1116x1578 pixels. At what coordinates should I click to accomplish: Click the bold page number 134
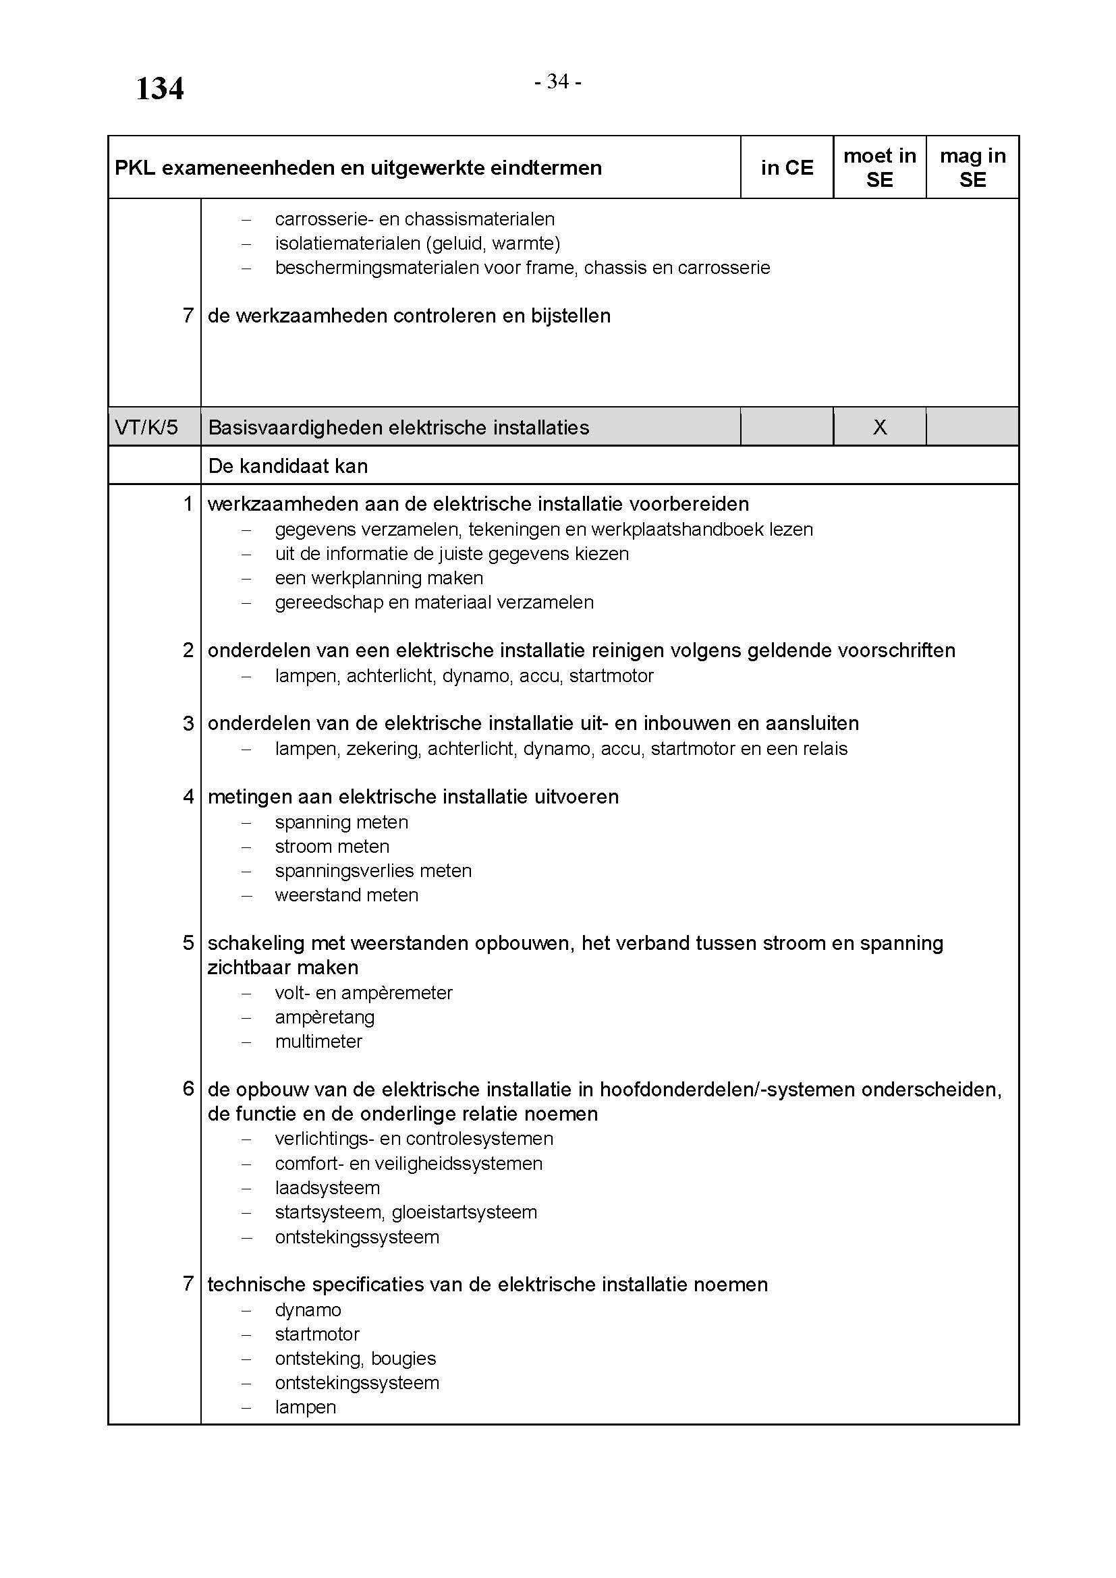159,88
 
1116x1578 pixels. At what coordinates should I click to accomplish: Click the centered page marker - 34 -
558,82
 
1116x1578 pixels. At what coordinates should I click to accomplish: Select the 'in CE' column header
787,168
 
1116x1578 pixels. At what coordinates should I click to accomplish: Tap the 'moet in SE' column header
880,168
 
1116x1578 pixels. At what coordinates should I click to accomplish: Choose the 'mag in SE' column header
972,168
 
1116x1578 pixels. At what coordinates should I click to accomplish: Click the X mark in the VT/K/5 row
880,428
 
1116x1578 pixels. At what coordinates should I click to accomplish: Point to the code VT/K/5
146,428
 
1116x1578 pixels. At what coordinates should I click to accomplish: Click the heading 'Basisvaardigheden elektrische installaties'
399,428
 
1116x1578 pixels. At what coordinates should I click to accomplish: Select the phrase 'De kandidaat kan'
288,466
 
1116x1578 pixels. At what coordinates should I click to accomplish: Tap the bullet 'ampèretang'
325,1017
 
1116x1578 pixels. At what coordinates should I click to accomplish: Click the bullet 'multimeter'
318,1041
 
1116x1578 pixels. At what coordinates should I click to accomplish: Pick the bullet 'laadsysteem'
327,1187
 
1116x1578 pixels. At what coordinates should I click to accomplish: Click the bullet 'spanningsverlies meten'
373,871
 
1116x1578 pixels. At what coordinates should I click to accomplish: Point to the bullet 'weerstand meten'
346,895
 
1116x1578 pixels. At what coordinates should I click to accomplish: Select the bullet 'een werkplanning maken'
379,578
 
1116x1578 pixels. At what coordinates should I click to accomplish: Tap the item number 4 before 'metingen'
188,797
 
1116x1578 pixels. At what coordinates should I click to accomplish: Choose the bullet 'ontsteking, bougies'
356,1358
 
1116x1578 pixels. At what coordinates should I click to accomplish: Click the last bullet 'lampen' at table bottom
305,1407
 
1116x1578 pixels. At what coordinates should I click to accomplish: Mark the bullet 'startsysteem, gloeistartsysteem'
406,1212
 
